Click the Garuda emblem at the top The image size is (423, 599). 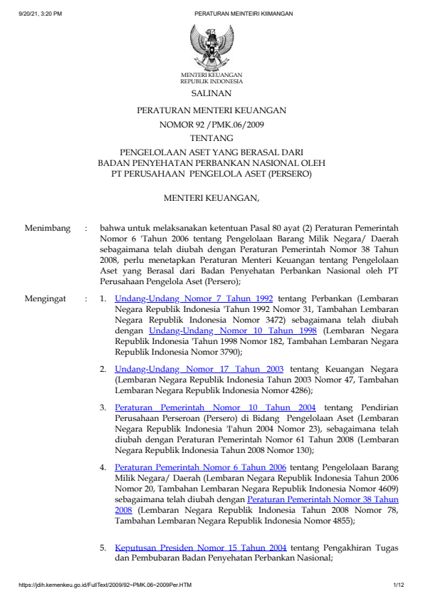pos(211,46)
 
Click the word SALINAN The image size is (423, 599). pos(211,93)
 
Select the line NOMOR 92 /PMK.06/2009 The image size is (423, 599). pos(211,124)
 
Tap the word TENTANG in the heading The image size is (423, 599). pos(211,137)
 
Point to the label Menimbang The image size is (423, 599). pos(48,229)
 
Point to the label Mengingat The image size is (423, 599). pos(46,299)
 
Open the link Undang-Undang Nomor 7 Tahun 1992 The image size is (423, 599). pos(194,299)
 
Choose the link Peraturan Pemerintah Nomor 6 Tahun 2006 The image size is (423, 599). pos(200,467)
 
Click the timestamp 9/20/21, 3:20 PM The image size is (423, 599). pos(40,14)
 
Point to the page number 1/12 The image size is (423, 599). pos(398,585)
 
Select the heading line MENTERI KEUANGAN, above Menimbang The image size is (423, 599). pos(211,197)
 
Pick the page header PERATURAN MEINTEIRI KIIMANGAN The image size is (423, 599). pos(243,14)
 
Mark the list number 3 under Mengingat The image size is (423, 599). pos(103,407)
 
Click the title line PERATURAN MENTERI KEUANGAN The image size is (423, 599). pos(211,110)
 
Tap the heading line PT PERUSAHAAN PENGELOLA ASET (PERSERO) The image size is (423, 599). pos(211,173)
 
